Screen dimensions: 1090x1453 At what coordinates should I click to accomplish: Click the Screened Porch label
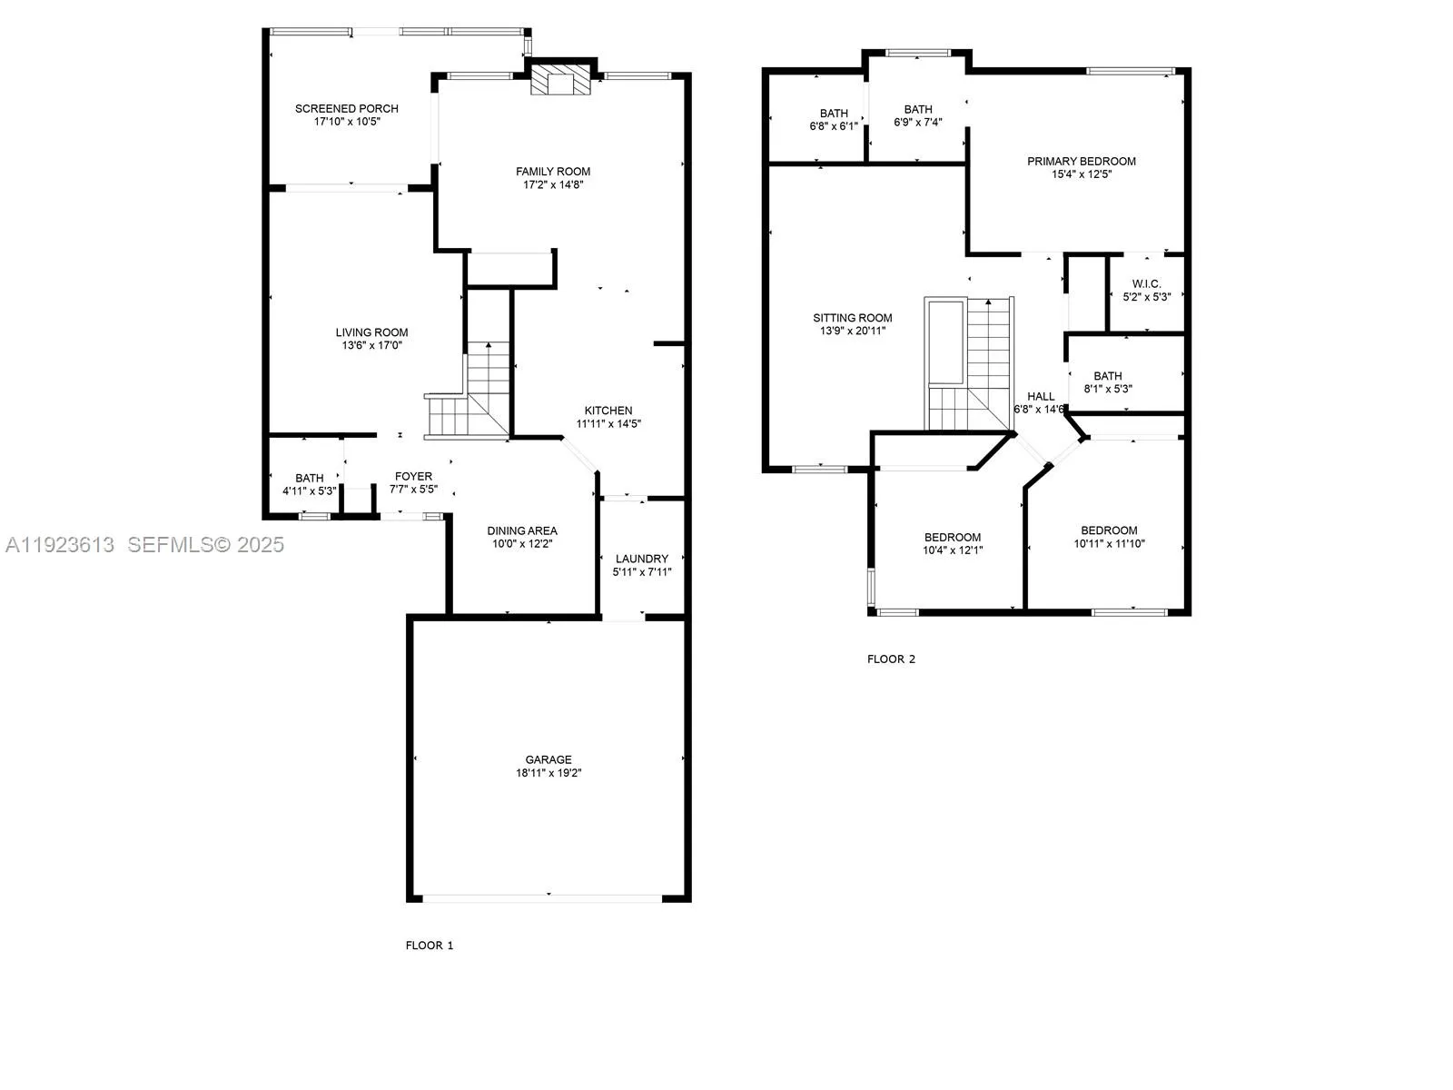tap(346, 109)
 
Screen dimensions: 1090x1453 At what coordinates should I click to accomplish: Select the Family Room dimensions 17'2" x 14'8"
tap(552, 184)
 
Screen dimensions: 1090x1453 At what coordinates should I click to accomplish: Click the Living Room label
tap(371, 332)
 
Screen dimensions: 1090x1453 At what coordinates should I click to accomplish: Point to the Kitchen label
tap(608, 411)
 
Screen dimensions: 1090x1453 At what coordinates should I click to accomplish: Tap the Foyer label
tap(413, 476)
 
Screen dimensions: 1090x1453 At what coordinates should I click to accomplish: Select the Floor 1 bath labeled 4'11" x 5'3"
tap(309, 484)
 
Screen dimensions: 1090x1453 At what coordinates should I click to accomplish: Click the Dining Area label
tap(521, 530)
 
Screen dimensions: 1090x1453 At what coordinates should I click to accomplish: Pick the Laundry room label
tap(641, 559)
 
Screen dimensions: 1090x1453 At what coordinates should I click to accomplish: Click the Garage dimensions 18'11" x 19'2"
tap(549, 773)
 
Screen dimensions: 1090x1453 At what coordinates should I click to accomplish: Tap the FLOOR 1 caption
tap(429, 946)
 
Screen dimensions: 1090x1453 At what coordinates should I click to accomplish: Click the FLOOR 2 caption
tap(891, 659)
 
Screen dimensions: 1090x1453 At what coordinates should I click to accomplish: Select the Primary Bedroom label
tap(1081, 162)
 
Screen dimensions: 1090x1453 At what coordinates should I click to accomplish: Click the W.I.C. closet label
tap(1146, 284)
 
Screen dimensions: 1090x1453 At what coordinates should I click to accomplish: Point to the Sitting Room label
tap(852, 318)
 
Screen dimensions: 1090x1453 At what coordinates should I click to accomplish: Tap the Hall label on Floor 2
tap(1041, 396)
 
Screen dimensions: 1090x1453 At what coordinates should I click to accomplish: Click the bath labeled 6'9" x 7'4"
tap(917, 115)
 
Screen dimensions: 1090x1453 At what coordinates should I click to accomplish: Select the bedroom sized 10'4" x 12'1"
tap(953, 543)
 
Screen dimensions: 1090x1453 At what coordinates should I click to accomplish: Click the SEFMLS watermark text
tap(205, 544)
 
